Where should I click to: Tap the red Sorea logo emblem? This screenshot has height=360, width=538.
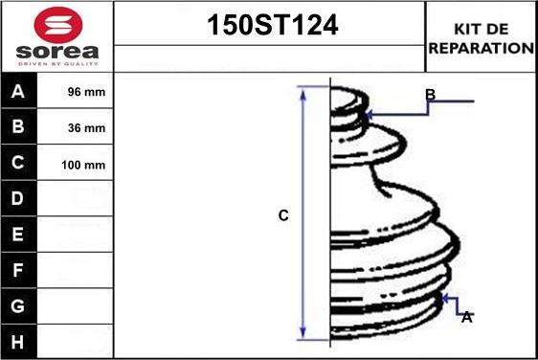click(x=56, y=23)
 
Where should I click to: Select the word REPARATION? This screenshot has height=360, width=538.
click(x=482, y=47)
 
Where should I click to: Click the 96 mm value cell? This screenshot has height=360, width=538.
click(x=82, y=93)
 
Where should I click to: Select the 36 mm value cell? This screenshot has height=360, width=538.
click(x=82, y=128)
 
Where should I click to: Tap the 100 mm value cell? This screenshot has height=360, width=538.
click(x=82, y=164)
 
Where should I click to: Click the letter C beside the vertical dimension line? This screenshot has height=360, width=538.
click(x=283, y=216)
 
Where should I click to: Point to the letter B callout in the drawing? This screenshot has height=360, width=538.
click(x=431, y=94)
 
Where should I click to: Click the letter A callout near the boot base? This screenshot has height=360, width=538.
click(x=466, y=317)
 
